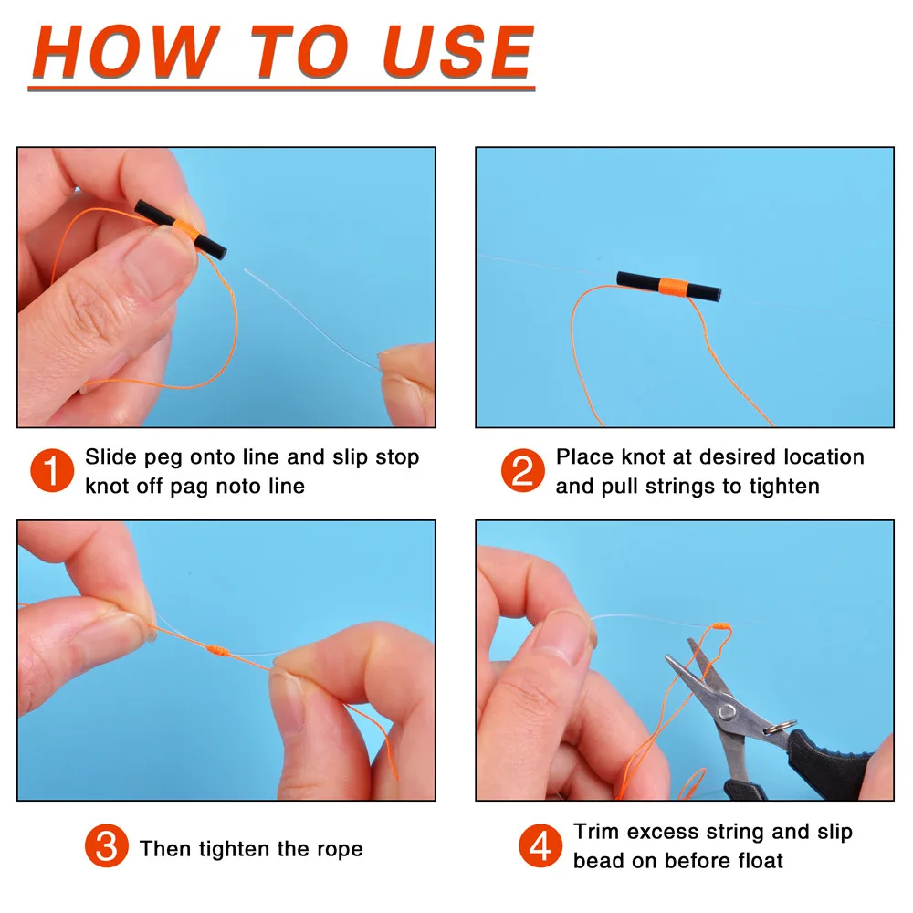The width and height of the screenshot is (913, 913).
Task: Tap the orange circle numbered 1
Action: pos(52,471)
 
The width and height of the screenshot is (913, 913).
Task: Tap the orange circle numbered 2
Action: pos(522,471)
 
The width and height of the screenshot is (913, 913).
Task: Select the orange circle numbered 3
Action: pos(106,848)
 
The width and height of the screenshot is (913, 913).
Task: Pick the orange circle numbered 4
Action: pos(540,846)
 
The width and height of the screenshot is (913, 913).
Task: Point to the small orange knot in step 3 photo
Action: pos(216,652)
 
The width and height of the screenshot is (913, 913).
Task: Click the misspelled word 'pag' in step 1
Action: pos(191,487)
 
